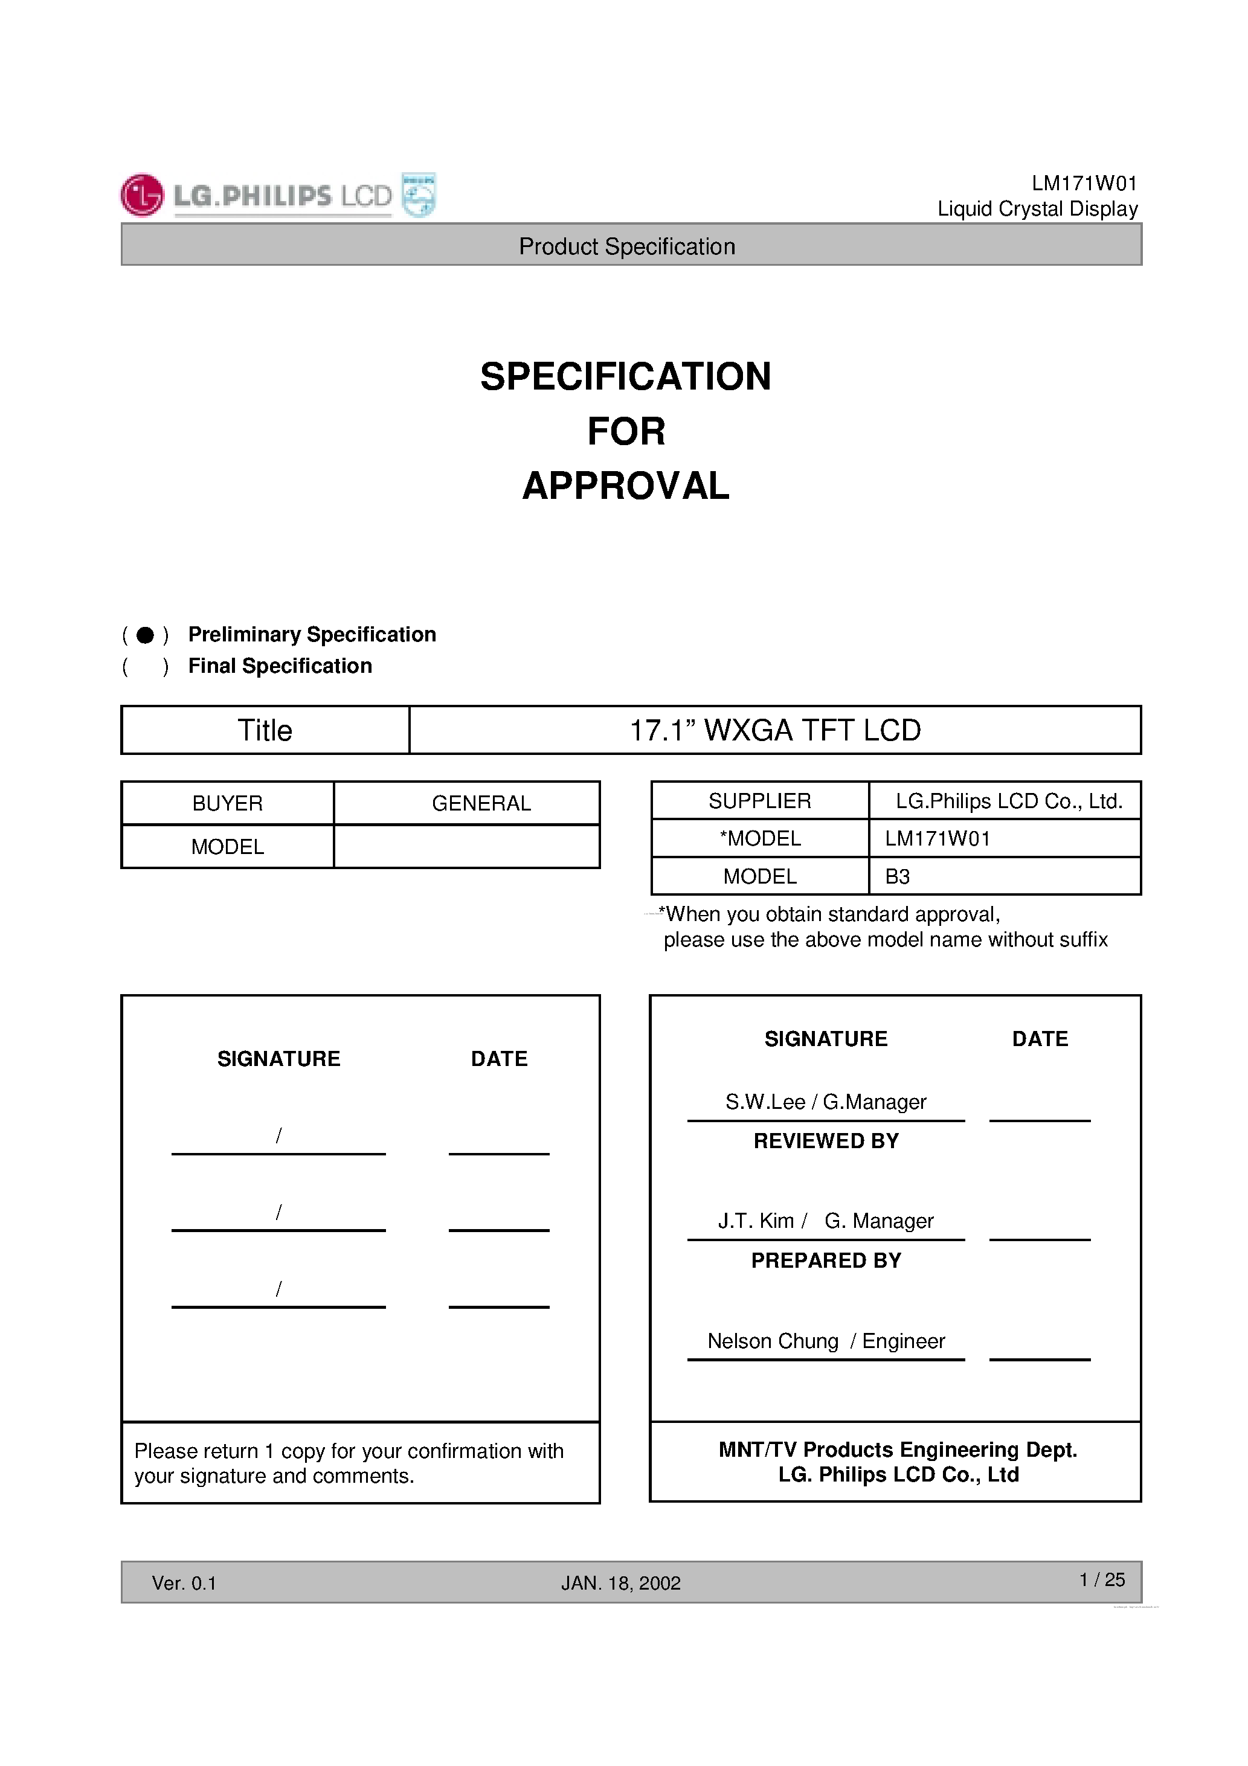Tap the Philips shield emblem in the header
point(419,195)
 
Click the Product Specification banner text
point(627,246)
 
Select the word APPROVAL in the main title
point(626,486)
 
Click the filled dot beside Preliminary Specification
point(146,635)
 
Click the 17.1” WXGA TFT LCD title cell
point(775,731)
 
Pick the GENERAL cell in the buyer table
point(481,804)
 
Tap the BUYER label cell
point(228,804)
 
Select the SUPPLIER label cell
point(759,801)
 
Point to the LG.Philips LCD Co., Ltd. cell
point(1009,801)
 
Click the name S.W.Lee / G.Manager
point(826,1102)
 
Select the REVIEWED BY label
point(826,1141)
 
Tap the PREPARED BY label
point(826,1260)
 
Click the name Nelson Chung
point(773,1341)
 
